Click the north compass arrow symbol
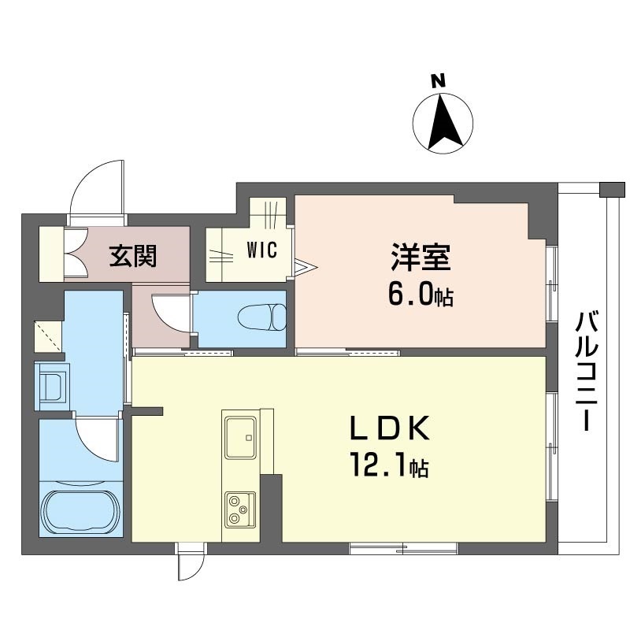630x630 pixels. (x=443, y=121)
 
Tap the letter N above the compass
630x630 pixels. (x=439, y=80)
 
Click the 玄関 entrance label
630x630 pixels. (x=132, y=255)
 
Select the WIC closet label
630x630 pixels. (x=261, y=251)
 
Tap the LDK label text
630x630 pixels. (x=390, y=430)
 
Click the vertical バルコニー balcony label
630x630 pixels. (x=585, y=371)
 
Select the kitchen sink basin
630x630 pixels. (x=240, y=438)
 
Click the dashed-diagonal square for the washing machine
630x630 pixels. (x=48, y=336)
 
